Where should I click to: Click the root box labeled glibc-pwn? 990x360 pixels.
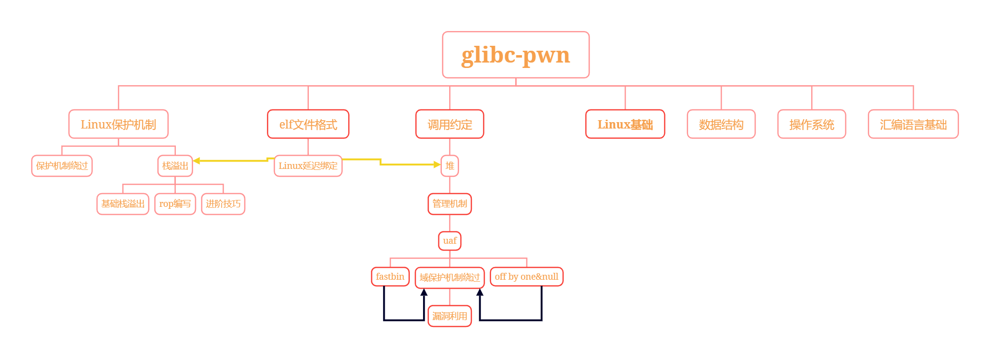tap(516, 55)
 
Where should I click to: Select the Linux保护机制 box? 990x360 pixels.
tap(118, 124)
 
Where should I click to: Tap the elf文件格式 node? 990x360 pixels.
tap(308, 124)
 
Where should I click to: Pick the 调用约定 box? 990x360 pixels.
tap(450, 124)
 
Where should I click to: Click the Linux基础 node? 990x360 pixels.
tap(625, 124)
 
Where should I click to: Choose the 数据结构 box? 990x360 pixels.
tap(721, 124)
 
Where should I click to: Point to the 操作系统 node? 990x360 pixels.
tap(812, 124)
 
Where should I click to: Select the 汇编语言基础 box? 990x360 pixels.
tap(913, 124)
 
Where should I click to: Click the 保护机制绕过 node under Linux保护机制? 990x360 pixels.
tap(62, 166)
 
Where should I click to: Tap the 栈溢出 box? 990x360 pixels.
tap(175, 166)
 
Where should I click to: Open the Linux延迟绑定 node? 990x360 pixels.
tap(308, 166)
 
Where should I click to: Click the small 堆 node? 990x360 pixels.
tap(450, 166)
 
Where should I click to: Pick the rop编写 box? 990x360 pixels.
tap(175, 204)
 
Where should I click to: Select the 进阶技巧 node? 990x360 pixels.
tap(223, 204)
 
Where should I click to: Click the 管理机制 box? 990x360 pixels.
tap(450, 204)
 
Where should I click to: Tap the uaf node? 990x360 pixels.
tap(450, 241)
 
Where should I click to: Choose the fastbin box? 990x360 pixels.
tap(390, 277)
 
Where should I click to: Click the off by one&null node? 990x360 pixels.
tap(527, 277)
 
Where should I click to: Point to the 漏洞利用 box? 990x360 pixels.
tap(450, 316)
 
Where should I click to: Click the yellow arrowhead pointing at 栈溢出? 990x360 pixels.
tap(197, 161)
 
